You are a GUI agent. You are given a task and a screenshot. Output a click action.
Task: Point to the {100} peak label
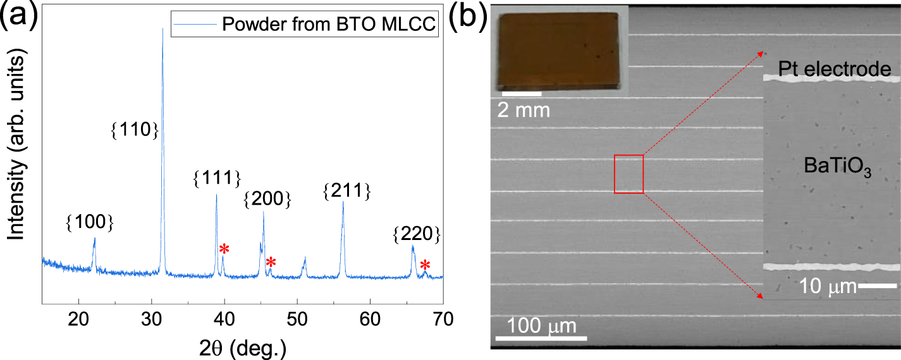click(90, 222)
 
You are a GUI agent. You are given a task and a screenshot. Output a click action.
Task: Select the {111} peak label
click(216, 179)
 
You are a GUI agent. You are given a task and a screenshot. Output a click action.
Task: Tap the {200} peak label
click(267, 200)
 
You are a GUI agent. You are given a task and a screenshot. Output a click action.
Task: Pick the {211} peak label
click(346, 190)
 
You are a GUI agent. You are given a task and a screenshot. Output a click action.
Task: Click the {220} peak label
click(416, 234)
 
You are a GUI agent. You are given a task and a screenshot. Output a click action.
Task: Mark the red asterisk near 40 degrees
click(224, 249)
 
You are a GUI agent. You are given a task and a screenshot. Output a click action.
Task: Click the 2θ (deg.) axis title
click(242, 346)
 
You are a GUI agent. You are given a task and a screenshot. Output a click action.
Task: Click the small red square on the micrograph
click(628, 174)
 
